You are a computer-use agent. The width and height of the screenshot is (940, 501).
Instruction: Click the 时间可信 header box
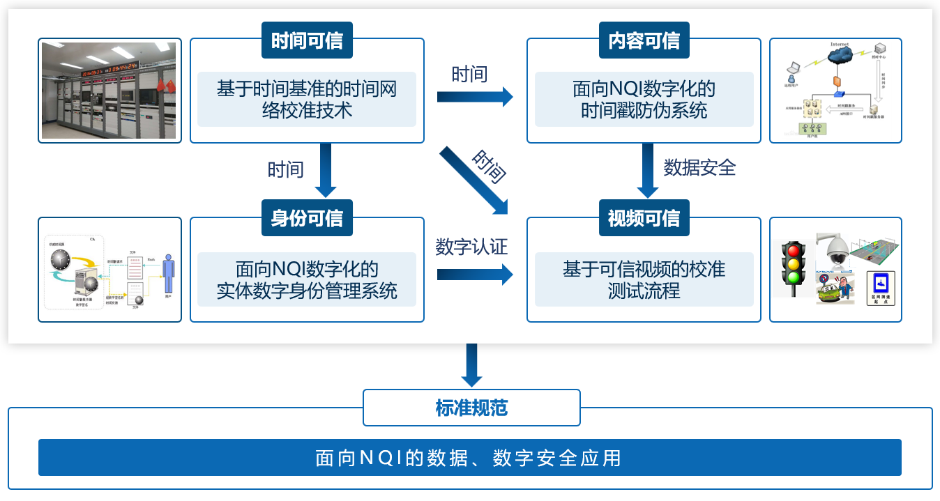(x=307, y=40)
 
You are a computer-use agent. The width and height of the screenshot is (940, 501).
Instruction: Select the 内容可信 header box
(x=644, y=40)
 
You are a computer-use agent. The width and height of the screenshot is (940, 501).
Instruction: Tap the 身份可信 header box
(x=307, y=218)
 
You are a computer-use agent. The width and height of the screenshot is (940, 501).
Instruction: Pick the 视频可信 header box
(x=644, y=218)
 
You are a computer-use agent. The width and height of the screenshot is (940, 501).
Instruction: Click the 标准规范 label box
(x=471, y=408)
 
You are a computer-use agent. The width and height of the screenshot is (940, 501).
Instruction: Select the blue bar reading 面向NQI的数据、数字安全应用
(x=469, y=458)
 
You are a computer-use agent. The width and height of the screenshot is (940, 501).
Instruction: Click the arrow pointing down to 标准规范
(x=472, y=364)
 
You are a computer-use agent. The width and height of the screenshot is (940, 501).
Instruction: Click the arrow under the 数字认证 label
(x=474, y=275)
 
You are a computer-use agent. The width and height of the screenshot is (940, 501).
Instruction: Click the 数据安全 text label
(x=699, y=168)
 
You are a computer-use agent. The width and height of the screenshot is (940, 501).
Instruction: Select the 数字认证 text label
(x=471, y=247)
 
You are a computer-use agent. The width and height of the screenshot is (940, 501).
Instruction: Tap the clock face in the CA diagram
(x=61, y=259)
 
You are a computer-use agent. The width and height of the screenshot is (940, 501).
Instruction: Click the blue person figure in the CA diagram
(x=167, y=273)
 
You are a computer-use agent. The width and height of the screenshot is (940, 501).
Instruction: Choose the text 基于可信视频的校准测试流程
(x=644, y=279)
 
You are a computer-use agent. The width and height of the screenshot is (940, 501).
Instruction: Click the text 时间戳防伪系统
(x=644, y=110)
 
